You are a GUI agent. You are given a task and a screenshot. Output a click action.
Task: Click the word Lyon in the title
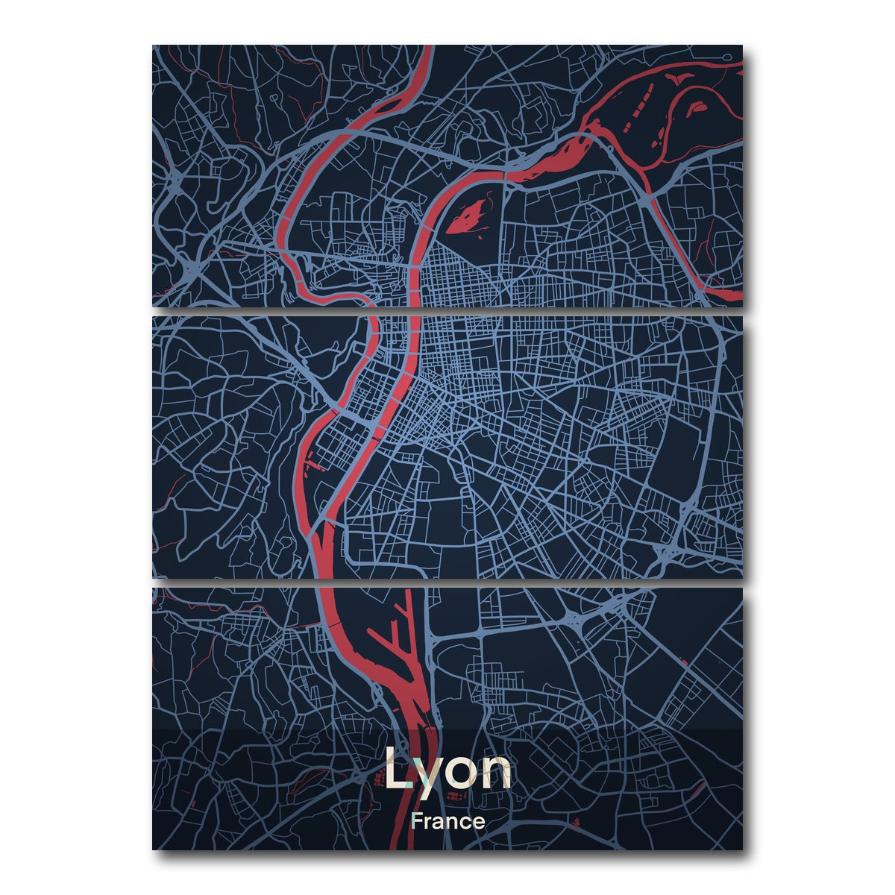[447, 770]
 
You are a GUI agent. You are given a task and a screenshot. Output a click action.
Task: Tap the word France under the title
[447, 821]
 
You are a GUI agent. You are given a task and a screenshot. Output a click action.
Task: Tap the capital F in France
[416, 821]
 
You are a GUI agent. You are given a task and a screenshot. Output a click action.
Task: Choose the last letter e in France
[479, 823]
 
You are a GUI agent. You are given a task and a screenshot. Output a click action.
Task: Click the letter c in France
[466, 823]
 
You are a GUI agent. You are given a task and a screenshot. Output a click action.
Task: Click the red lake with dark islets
[468, 216]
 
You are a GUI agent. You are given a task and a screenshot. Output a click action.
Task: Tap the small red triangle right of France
[576, 823]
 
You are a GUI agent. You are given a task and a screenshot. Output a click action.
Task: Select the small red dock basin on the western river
[316, 466]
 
